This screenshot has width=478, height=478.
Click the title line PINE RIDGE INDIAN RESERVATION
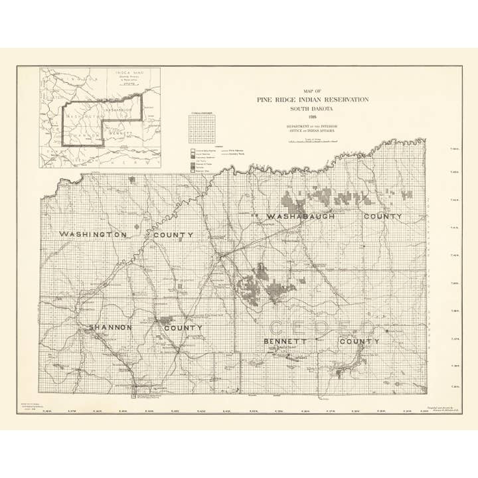[313, 99]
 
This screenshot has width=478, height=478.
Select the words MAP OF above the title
[313, 90]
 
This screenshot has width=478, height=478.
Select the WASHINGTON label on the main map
[93, 235]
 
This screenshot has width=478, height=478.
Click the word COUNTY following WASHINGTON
[173, 235]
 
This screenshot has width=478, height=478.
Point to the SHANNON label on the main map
[112, 328]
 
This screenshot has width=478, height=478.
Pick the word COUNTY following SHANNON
[183, 328]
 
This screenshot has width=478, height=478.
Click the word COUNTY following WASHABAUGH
[383, 216]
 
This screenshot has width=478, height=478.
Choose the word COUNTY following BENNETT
[359, 342]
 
